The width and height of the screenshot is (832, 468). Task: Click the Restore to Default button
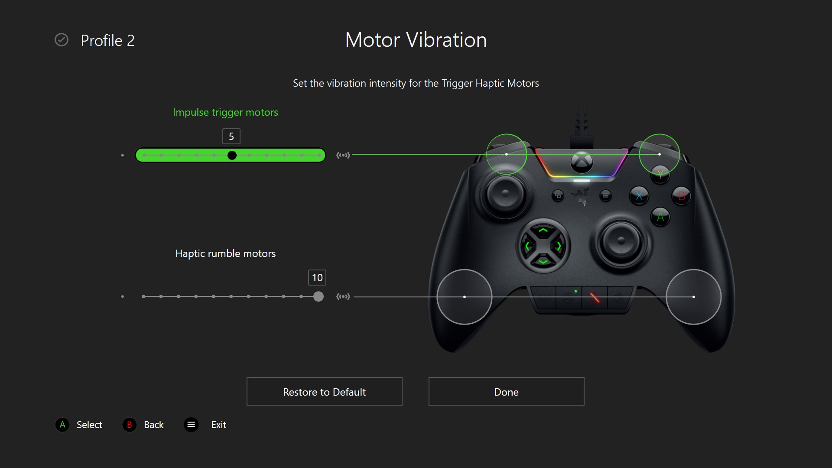pos(324,392)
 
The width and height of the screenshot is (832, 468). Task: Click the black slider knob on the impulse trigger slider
pos(232,155)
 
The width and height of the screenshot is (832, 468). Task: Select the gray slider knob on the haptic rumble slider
pos(318,296)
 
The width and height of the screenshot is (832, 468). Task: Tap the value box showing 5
pos(231,136)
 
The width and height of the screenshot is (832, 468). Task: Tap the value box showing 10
pos(317,278)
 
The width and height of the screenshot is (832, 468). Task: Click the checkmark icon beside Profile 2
pos(62,40)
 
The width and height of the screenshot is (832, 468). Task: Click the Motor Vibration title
pos(416,40)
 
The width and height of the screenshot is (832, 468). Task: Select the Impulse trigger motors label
pos(225,112)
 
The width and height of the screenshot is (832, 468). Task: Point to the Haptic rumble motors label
pos(225,253)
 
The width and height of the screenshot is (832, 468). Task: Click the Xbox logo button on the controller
pos(581,162)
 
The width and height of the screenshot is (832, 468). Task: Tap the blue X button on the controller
pos(639,196)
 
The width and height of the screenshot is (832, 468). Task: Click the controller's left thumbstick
pos(505,193)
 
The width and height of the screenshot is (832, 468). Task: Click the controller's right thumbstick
pos(621,240)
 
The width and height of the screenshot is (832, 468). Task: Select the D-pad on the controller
pos(543,246)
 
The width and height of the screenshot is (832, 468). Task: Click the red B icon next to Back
pos(129,425)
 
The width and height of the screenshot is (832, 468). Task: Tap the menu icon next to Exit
pos(191,425)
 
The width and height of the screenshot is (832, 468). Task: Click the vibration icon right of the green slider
pos(343,155)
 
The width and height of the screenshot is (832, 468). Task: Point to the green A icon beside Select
pos(62,425)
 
